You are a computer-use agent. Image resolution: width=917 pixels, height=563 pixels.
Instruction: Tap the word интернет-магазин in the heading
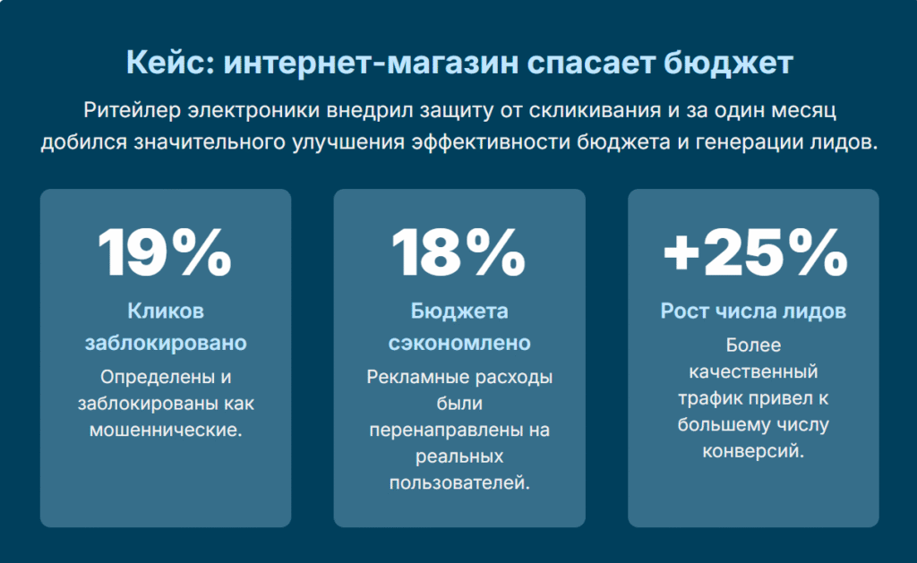click(x=371, y=63)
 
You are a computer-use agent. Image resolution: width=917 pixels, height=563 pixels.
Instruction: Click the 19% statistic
click(x=165, y=252)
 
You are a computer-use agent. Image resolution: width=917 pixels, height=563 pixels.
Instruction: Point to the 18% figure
click(x=458, y=252)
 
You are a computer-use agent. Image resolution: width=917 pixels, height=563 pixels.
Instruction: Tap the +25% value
click(x=755, y=252)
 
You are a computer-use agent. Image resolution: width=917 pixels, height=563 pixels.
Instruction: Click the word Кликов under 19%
click(x=166, y=311)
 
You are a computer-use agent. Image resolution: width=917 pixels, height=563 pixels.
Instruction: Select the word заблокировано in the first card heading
click(x=166, y=343)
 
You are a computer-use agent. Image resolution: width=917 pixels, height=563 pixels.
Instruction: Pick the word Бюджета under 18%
click(x=459, y=311)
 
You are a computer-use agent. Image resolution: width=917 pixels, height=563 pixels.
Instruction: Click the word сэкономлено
click(x=459, y=343)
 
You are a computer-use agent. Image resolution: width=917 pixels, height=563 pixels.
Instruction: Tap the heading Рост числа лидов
click(x=753, y=311)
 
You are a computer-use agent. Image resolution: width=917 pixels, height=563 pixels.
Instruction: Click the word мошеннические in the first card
click(x=165, y=431)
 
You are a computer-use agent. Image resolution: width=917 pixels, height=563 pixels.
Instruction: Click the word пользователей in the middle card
click(x=459, y=483)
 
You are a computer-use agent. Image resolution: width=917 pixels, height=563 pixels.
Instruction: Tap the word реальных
click(x=459, y=456)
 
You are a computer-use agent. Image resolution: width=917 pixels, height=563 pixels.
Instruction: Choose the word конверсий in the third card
click(x=752, y=451)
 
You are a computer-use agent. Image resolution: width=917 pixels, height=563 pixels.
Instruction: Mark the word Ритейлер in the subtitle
click(x=133, y=110)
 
